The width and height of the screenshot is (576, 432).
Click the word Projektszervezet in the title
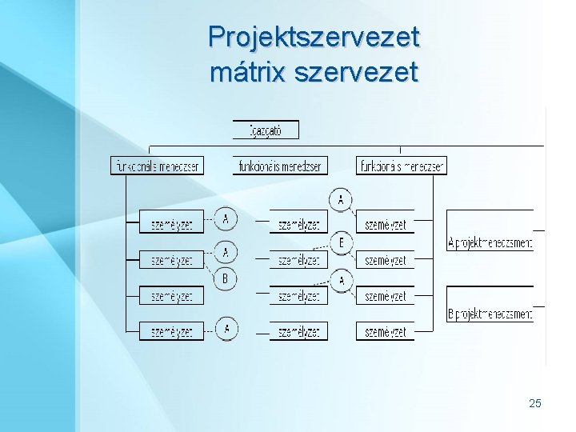314,37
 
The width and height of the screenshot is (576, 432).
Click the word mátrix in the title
248,73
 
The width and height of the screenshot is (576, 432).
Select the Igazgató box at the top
266,130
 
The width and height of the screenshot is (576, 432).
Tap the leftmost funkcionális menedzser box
156,166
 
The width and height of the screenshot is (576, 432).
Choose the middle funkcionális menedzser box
281,166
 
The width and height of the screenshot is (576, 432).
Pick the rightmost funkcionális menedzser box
402,166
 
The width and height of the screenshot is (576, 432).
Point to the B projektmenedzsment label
490,314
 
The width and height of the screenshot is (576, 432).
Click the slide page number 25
535,403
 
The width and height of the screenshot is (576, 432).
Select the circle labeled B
226,278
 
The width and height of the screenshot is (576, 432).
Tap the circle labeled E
342,242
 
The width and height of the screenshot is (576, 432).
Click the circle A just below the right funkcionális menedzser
342,200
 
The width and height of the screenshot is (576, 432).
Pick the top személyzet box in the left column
171,225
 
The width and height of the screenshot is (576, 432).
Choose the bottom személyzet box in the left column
171,331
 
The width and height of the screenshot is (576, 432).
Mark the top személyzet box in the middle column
298,225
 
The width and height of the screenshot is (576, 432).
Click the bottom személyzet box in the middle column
298,331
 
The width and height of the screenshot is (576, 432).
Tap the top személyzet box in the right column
385,225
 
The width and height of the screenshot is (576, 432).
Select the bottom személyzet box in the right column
385,331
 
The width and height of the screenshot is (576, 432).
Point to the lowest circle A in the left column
226,328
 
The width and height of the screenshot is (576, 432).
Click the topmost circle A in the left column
226,218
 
